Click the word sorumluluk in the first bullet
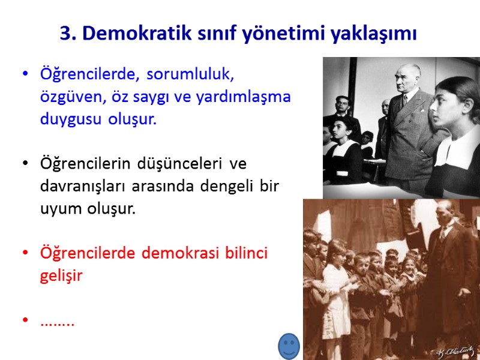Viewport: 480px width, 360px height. pos(190,74)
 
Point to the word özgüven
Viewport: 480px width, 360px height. pos(66,97)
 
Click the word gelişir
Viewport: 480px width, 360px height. pos(60,275)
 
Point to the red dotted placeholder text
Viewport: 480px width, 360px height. pos(57,323)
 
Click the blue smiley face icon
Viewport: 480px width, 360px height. pos(289,346)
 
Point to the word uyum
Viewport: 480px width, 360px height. pos(58,208)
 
